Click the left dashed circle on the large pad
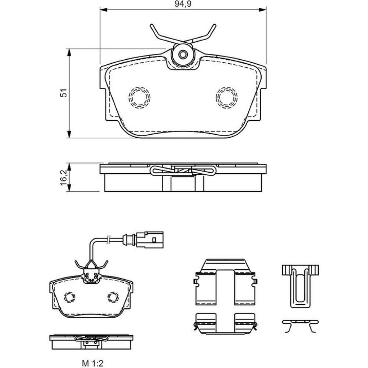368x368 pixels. tap(139, 97)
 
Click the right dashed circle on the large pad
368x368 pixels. tap(227, 97)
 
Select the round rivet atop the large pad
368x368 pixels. tap(183, 55)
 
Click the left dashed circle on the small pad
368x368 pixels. tap(69, 297)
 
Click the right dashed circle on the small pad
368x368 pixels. tap(113, 297)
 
